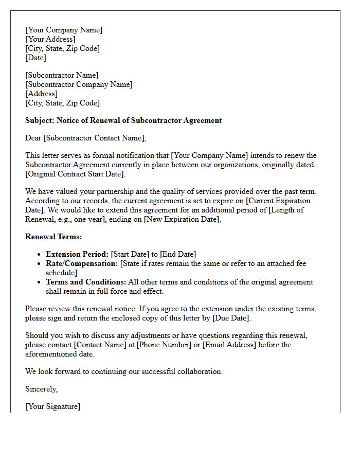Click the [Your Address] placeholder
(50, 39)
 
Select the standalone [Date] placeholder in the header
(35, 58)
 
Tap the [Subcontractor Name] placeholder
(62, 75)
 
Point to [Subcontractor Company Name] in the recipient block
(79, 84)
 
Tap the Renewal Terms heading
(53, 237)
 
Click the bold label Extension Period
(77, 254)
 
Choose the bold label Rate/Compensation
(82, 263)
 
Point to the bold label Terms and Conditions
(85, 282)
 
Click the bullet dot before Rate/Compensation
(40, 264)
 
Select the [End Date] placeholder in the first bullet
(178, 254)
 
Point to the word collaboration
(198, 371)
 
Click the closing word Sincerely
(41, 389)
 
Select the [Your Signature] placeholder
(52, 406)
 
